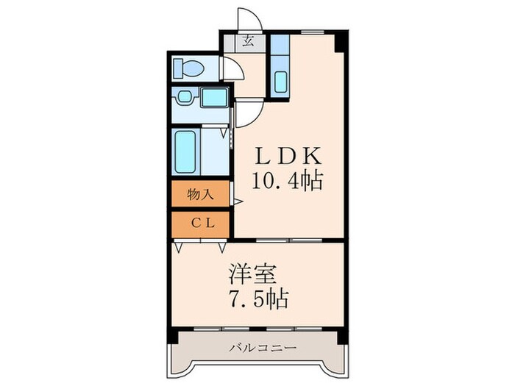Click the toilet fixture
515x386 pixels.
[189, 69]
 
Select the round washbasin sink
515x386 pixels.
[184, 96]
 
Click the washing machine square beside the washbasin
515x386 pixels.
[213, 97]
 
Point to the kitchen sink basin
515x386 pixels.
[280, 81]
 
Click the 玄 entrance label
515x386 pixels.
[249, 41]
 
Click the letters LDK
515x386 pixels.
[288, 156]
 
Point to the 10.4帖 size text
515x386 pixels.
[288, 181]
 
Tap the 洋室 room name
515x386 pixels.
[252, 274]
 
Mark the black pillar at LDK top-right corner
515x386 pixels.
[339, 41]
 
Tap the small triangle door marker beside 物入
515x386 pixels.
[237, 200]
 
